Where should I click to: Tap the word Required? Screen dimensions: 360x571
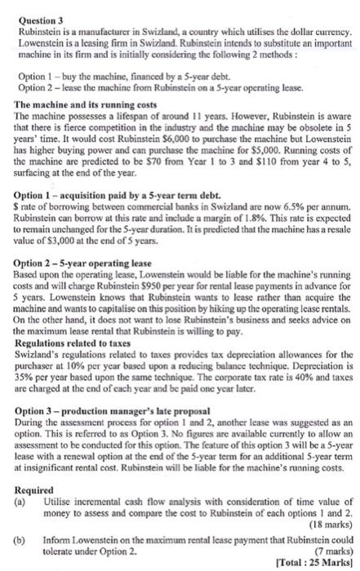(x=32, y=463)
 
